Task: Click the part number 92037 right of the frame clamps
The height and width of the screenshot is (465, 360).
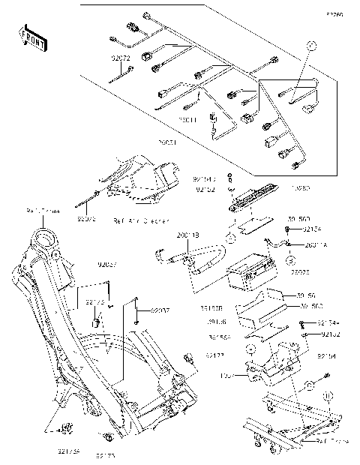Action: tap(160, 310)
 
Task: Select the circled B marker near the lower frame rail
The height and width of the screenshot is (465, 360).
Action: tap(328, 395)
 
